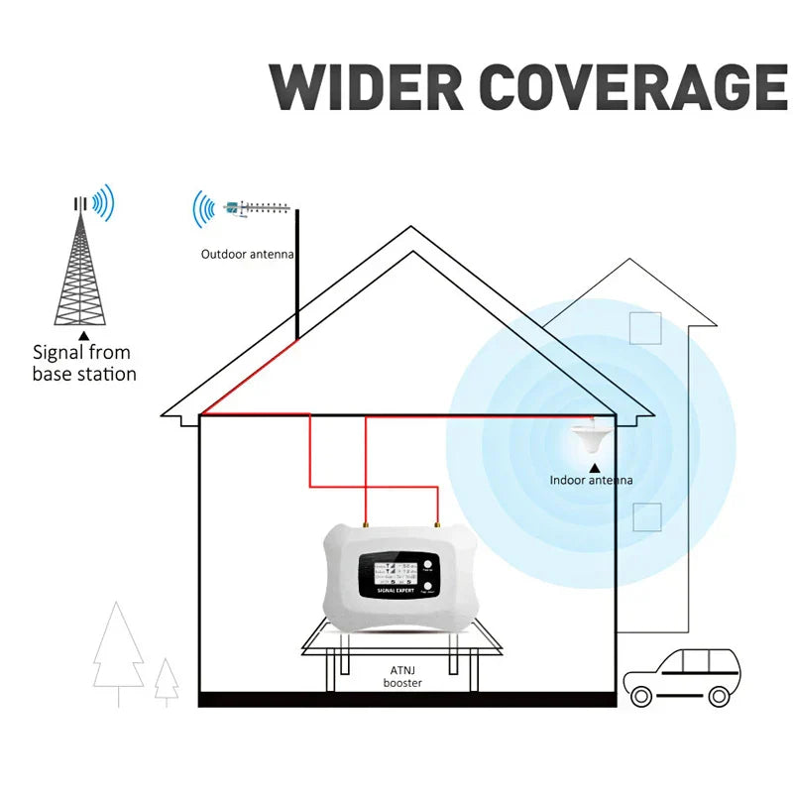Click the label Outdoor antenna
coord(248,255)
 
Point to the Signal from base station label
coord(83,363)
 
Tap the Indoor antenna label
coord(591,481)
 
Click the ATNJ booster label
coord(402,677)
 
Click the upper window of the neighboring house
coord(645,328)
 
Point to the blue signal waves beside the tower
coord(103,202)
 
